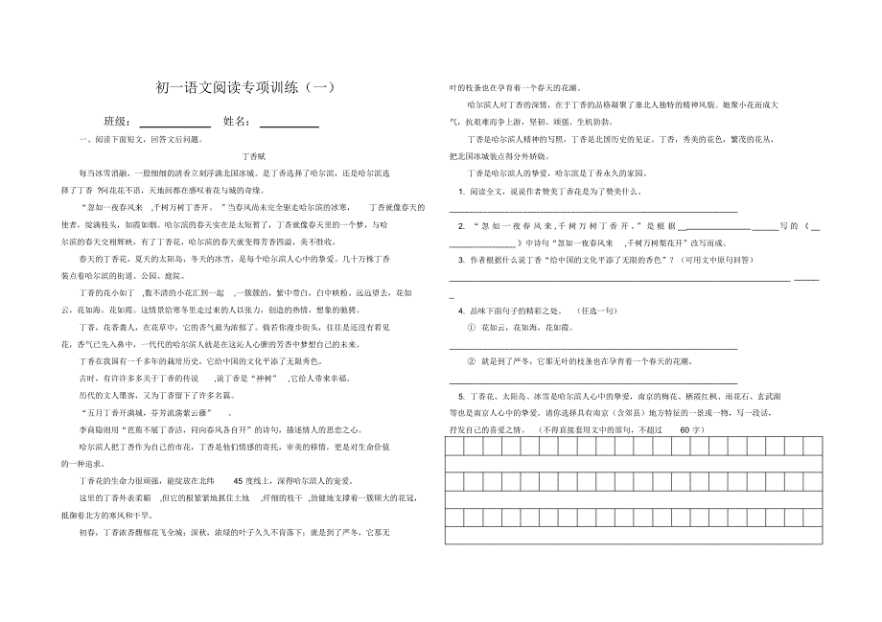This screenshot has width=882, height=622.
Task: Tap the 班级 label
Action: pos(117,122)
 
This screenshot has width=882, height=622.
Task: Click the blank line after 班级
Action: pos(174,124)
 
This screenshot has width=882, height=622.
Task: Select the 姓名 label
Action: pos(237,122)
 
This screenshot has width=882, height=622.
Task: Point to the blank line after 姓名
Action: pos(290,124)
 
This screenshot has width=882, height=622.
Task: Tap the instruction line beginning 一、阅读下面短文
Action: pos(140,140)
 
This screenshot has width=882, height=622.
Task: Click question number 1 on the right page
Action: pos(461,191)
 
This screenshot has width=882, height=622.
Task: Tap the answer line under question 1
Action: pos(593,210)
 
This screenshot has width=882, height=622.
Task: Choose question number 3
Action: pos(461,260)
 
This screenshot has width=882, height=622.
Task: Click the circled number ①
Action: pos(471,328)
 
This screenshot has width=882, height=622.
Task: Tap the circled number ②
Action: pos(471,363)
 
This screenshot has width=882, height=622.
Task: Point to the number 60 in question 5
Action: pos(684,430)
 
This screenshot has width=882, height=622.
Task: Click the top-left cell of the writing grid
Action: pos(455,447)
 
